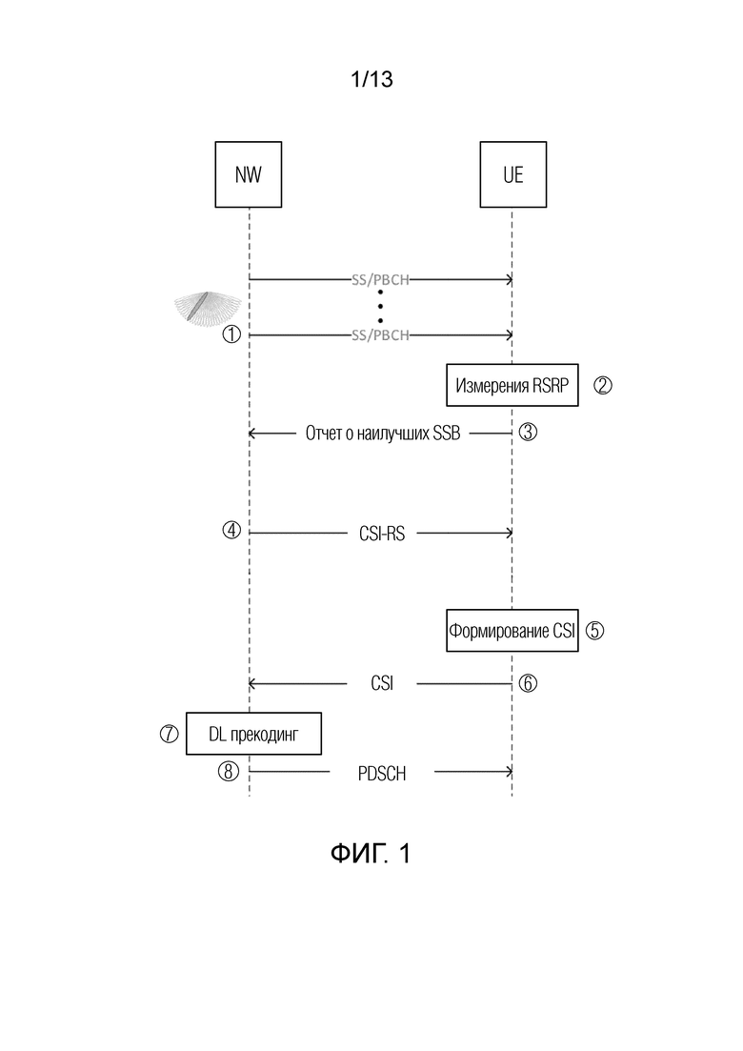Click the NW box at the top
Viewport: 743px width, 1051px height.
pyautogui.click(x=248, y=174)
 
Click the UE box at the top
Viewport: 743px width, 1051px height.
pyautogui.click(x=513, y=174)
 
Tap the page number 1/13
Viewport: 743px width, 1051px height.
pyautogui.click(x=371, y=79)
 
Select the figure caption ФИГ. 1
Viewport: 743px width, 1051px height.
pyautogui.click(x=371, y=853)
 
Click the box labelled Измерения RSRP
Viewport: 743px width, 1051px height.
pyautogui.click(x=512, y=385)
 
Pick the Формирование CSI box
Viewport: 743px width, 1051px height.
pyautogui.click(x=512, y=631)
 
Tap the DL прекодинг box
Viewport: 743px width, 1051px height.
pyautogui.click(x=253, y=734)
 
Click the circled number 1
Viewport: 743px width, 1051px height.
pyautogui.click(x=231, y=333)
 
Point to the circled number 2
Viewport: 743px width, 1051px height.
pyautogui.click(x=603, y=385)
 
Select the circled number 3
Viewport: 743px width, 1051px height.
pyautogui.click(x=528, y=433)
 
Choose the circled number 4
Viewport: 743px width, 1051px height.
pyautogui.click(x=231, y=530)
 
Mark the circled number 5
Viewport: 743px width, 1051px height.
pyautogui.click(x=595, y=631)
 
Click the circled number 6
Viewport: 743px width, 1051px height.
pyautogui.click(x=528, y=683)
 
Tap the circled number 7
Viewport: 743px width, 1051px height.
pyautogui.click(x=169, y=734)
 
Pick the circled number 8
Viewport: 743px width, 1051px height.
pyautogui.click(x=229, y=772)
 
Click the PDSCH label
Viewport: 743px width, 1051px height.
pyautogui.click(x=382, y=774)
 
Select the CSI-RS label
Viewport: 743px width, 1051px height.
pyautogui.click(x=382, y=534)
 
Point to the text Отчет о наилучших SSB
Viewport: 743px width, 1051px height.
pyautogui.click(x=383, y=433)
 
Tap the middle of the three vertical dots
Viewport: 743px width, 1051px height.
pyautogui.click(x=380, y=306)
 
